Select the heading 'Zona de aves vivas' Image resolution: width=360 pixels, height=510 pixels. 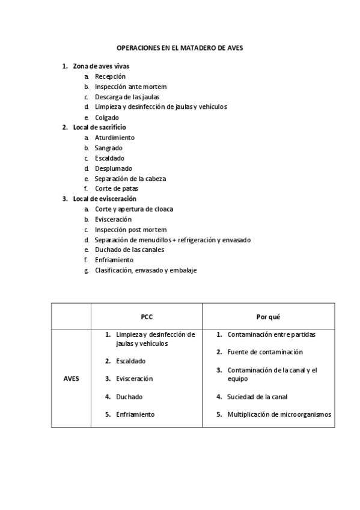pos(100,66)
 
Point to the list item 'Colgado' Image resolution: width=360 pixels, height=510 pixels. pos(107,117)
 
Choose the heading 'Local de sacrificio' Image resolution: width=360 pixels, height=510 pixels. pos(99,127)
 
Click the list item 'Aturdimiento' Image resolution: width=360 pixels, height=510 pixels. pos(114,138)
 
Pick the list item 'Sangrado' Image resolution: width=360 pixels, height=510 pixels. pos(109,148)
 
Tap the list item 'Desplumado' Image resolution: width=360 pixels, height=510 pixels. pos(113,168)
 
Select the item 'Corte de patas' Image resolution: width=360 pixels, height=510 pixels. pos(112,189)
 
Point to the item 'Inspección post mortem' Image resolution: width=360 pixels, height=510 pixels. pos(130,230)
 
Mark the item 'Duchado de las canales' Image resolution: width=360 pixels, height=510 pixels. pos(129,250)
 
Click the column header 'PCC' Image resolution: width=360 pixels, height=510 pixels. pos(146,316)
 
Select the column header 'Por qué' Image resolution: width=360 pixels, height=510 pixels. pos(268,316)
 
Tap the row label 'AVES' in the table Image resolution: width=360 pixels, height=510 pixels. pos(71,379)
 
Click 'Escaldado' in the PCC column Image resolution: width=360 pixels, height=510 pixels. pos(131,361)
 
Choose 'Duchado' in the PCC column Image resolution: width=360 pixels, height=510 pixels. pos(129,396)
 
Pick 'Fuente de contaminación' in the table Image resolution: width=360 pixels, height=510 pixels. pos(264,352)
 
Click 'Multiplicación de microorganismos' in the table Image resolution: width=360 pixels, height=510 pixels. pos(279,414)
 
